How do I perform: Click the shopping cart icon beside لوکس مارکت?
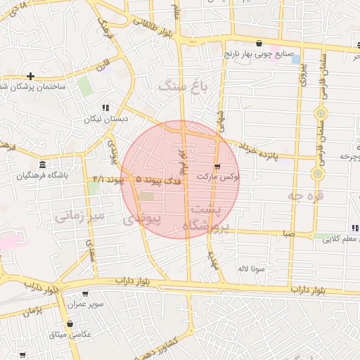point(217,167)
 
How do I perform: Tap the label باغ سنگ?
point(185,86)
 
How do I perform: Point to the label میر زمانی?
point(79,216)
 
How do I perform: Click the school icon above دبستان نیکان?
point(105,108)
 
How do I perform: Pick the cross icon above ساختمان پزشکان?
point(31,76)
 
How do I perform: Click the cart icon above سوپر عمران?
point(85,294)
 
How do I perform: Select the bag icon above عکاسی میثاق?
point(70,324)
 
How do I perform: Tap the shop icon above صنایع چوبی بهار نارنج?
point(259,42)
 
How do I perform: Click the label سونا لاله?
point(251,269)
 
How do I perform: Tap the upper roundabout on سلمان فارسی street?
point(321,112)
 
